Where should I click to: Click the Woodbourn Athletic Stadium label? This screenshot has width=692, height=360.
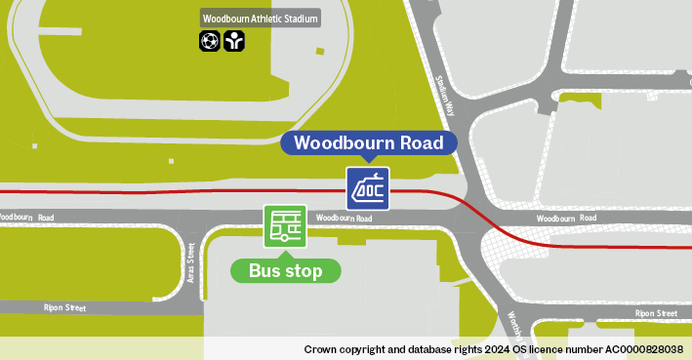click(x=261, y=18)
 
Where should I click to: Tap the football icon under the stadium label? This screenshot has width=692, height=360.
click(x=209, y=41)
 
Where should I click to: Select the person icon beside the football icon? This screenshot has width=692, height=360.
click(x=233, y=41)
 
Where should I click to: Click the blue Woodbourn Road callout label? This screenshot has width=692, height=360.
click(x=368, y=143)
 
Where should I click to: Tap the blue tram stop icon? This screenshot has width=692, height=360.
click(x=368, y=187)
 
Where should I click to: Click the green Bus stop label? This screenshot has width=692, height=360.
click(x=285, y=270)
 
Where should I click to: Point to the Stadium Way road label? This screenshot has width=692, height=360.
click(x=446, y=92)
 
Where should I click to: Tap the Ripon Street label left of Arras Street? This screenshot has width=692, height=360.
click(x=64, y=307)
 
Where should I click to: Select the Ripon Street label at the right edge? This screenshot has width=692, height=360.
click(x=656, y=313)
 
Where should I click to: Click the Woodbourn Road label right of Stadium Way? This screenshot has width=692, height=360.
click(x=566, y=220)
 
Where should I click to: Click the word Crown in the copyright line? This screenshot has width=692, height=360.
click(x=319, y=348)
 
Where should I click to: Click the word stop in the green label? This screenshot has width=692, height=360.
click(x=304, y=270)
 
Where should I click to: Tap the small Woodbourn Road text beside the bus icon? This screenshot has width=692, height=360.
click(x=345, y=218)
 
